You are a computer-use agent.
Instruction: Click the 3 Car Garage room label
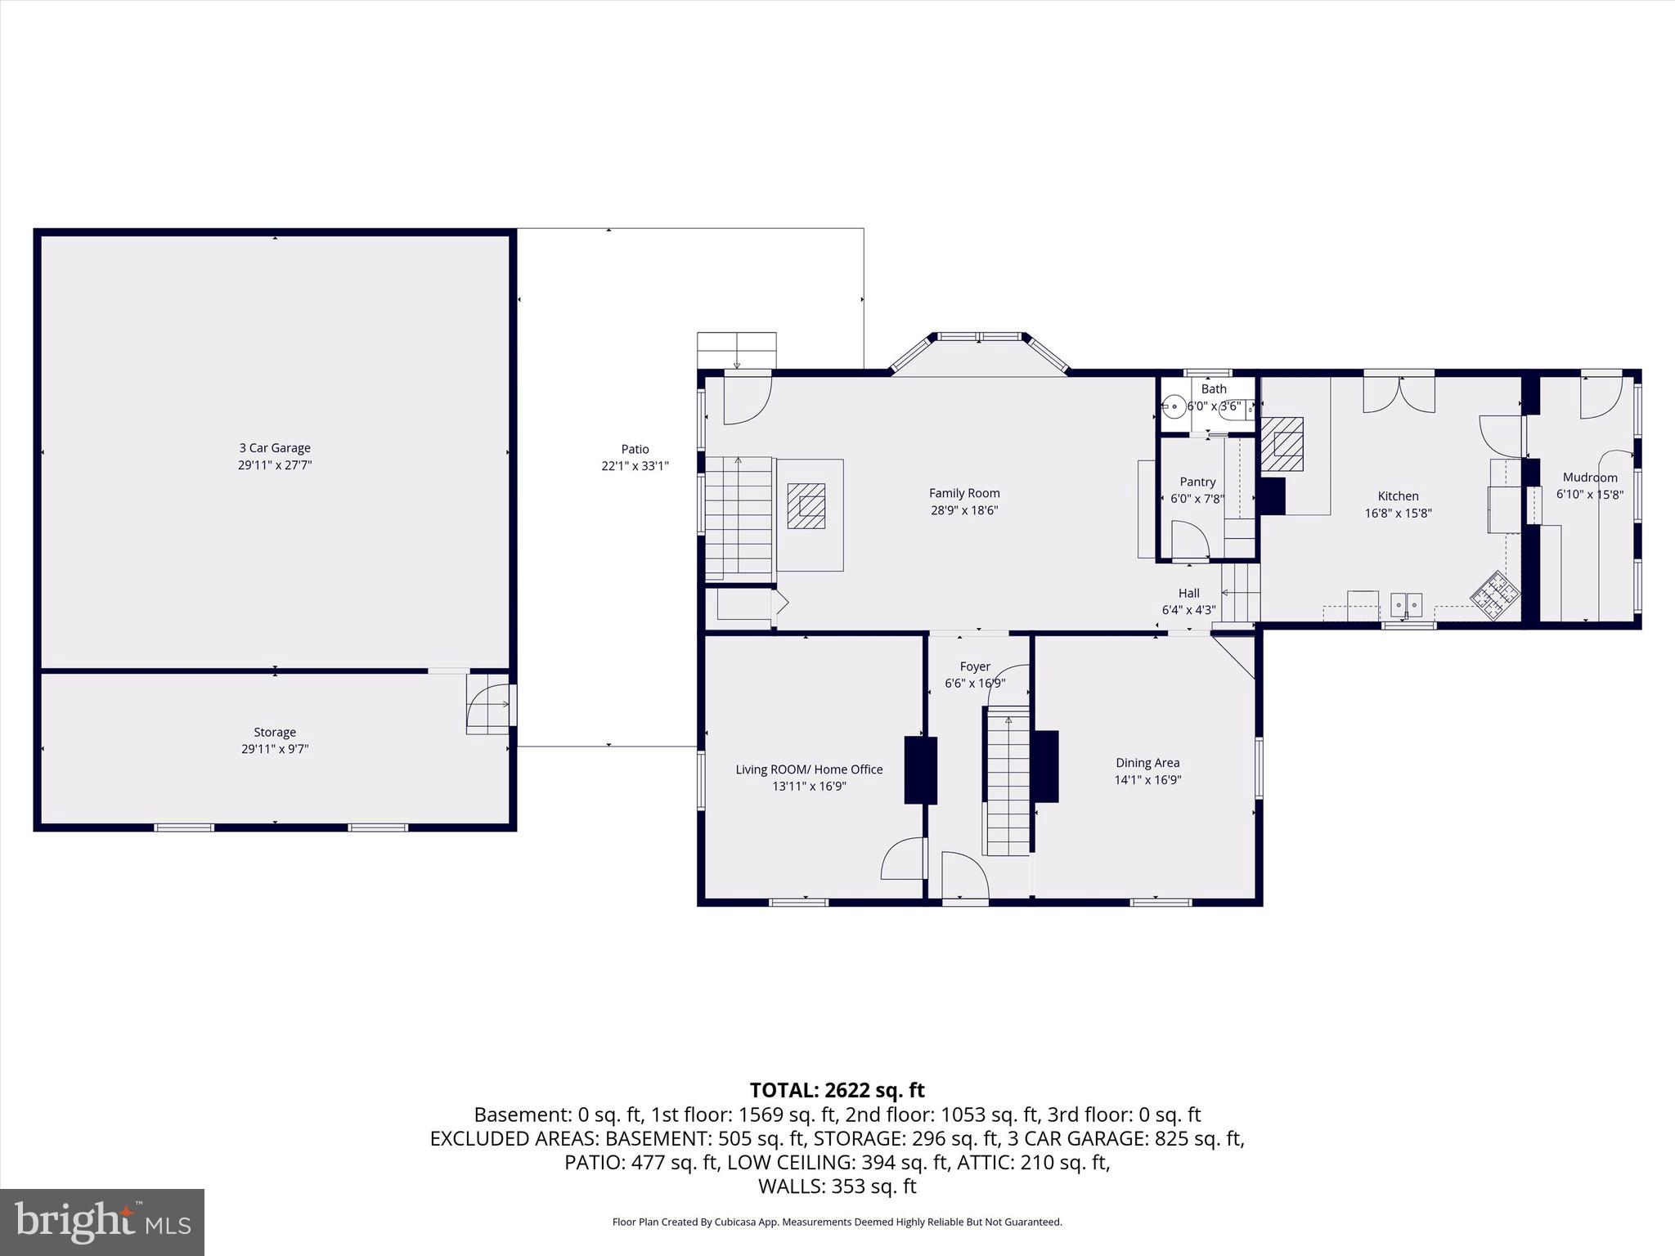click(x=274, y=448)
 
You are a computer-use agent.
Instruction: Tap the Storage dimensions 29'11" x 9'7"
click(x=274, y=749)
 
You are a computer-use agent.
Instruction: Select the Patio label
click(x=635, y=449)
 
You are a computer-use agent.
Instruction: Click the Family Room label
click(x=964, y=493)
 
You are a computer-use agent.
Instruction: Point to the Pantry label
click(x=1197, y=482)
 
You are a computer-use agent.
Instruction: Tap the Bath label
click(x=1214, y=389)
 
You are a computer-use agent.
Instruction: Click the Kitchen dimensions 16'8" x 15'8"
click(x=1398, y=514)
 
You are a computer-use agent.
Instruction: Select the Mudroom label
click(x=1589, y=478)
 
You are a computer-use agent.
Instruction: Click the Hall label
click(x=1188, y=594)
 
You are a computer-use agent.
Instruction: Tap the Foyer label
click(x=975, y=667)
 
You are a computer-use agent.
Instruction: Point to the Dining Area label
click(x=1147, y=763)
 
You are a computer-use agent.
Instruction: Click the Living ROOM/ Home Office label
click(x=809, y=769)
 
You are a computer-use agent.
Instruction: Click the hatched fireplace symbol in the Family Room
click(x=806, y=506)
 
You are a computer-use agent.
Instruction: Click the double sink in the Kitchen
click(x=1407, y=605)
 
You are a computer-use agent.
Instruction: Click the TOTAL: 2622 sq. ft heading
click(x=837, y=1090)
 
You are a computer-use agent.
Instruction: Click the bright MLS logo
click(x=102, y=1222)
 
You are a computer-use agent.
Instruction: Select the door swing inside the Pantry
click(x=1190, y=541)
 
